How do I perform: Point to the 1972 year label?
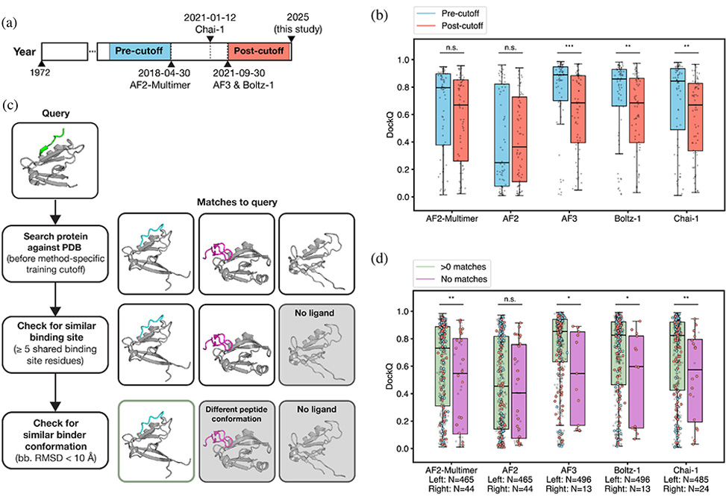point(40,72)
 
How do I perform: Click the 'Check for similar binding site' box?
point(55,337)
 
